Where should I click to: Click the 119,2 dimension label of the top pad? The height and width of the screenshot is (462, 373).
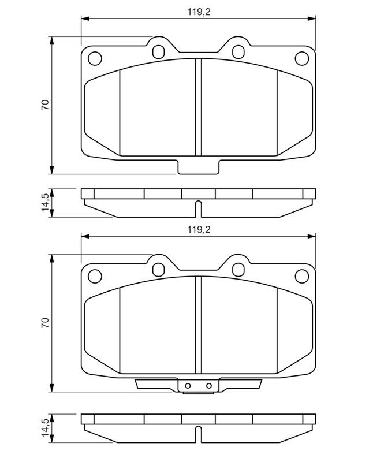199,12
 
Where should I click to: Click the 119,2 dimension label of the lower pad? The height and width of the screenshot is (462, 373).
199,230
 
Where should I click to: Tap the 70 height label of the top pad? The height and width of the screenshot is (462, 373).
45,105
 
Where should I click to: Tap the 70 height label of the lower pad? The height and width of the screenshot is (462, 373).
45,323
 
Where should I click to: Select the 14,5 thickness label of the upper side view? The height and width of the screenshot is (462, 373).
46,202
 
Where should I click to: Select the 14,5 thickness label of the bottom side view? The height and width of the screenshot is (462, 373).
46,427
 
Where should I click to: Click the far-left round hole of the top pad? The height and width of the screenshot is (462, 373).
95,58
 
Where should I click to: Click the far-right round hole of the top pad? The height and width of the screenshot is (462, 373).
302,58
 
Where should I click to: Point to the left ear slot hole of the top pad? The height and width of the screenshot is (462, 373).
158,52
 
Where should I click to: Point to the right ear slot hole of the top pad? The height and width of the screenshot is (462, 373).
238,52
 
